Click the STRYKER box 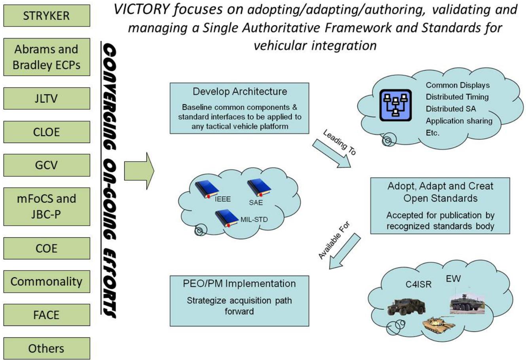click(47, 15)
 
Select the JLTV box click(47, 99)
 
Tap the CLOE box click(47, 132)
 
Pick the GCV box click(47, 165)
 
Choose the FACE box click(47, 315)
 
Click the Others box click(47, 348)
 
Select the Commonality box click(47, 282)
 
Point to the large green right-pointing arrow click(139, 171)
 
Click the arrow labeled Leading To click(332, 153)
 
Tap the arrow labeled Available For click(345, 251)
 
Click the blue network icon click(395, 105)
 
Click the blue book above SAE click(259, 187)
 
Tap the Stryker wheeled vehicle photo click(467, 303)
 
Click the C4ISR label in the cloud click(418, 284)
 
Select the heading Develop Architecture click(240, 91)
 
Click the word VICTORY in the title click(142, 10)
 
